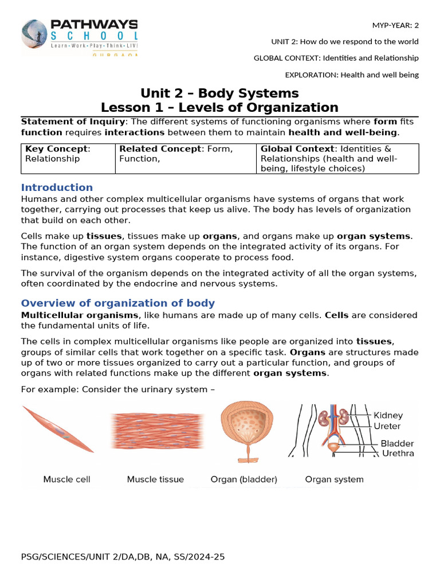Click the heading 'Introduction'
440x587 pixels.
point(57,187)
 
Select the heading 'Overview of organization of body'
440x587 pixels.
point(117,303)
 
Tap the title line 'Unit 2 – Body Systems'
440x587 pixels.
point(220,93)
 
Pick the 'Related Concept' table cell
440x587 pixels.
point(184,154)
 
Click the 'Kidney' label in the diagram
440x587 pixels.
point(388,415)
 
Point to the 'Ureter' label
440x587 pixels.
point(387,426)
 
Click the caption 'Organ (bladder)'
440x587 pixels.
point(243,479)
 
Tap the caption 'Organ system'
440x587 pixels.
point(334,479)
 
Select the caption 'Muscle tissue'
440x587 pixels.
point(155,479)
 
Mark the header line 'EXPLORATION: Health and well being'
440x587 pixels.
point(351,75)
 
